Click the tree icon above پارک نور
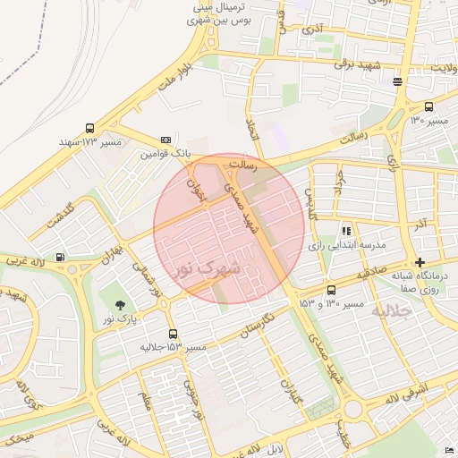point(121,305)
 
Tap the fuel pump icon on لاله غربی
point(60,259)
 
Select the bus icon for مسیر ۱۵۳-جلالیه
point(173,334)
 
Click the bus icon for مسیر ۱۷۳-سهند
point(89,129)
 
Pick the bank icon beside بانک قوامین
point(165,140)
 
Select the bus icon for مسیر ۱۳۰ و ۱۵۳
point(332,291)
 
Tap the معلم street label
point(147,399)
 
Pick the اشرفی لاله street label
point(410,391)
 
